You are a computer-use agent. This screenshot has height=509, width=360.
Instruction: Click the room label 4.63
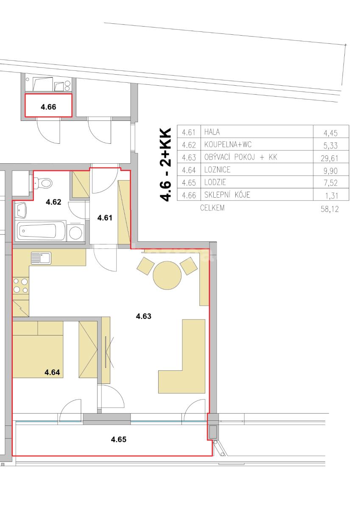tap(143, 316)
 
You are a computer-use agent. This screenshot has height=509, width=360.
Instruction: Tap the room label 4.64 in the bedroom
tap(53, 373)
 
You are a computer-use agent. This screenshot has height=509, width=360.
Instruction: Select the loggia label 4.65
tap(118, 439)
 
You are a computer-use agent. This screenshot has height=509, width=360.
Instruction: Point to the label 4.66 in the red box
tap(48, 107)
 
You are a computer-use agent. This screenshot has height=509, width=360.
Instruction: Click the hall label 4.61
tap(105, 218)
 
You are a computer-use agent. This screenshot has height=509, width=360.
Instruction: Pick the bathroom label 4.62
tap(53, 202)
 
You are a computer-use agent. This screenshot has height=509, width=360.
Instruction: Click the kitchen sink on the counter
tap(40, 257)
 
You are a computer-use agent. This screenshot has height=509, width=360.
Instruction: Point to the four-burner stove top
tap(21, 285)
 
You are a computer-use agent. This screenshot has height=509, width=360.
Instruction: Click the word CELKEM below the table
tap(212, 208)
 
